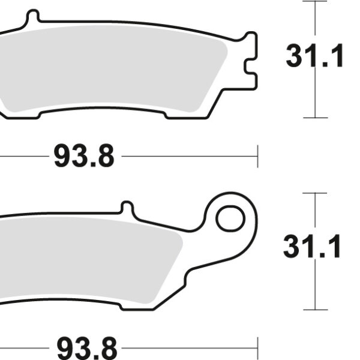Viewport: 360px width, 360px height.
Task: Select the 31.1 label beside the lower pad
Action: (x=312, y=247)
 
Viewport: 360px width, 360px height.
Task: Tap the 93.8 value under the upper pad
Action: (x=83, y=157)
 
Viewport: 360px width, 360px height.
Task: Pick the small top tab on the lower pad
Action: (x=127, y=207)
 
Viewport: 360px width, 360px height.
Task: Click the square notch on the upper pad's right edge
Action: (x=248, y=65)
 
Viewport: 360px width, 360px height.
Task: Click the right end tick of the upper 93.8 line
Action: (x=257, y=156)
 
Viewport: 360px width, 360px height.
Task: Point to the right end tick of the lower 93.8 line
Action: (x=257, y=347)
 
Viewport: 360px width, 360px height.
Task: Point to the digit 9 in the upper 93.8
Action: (x=62, y=157)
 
